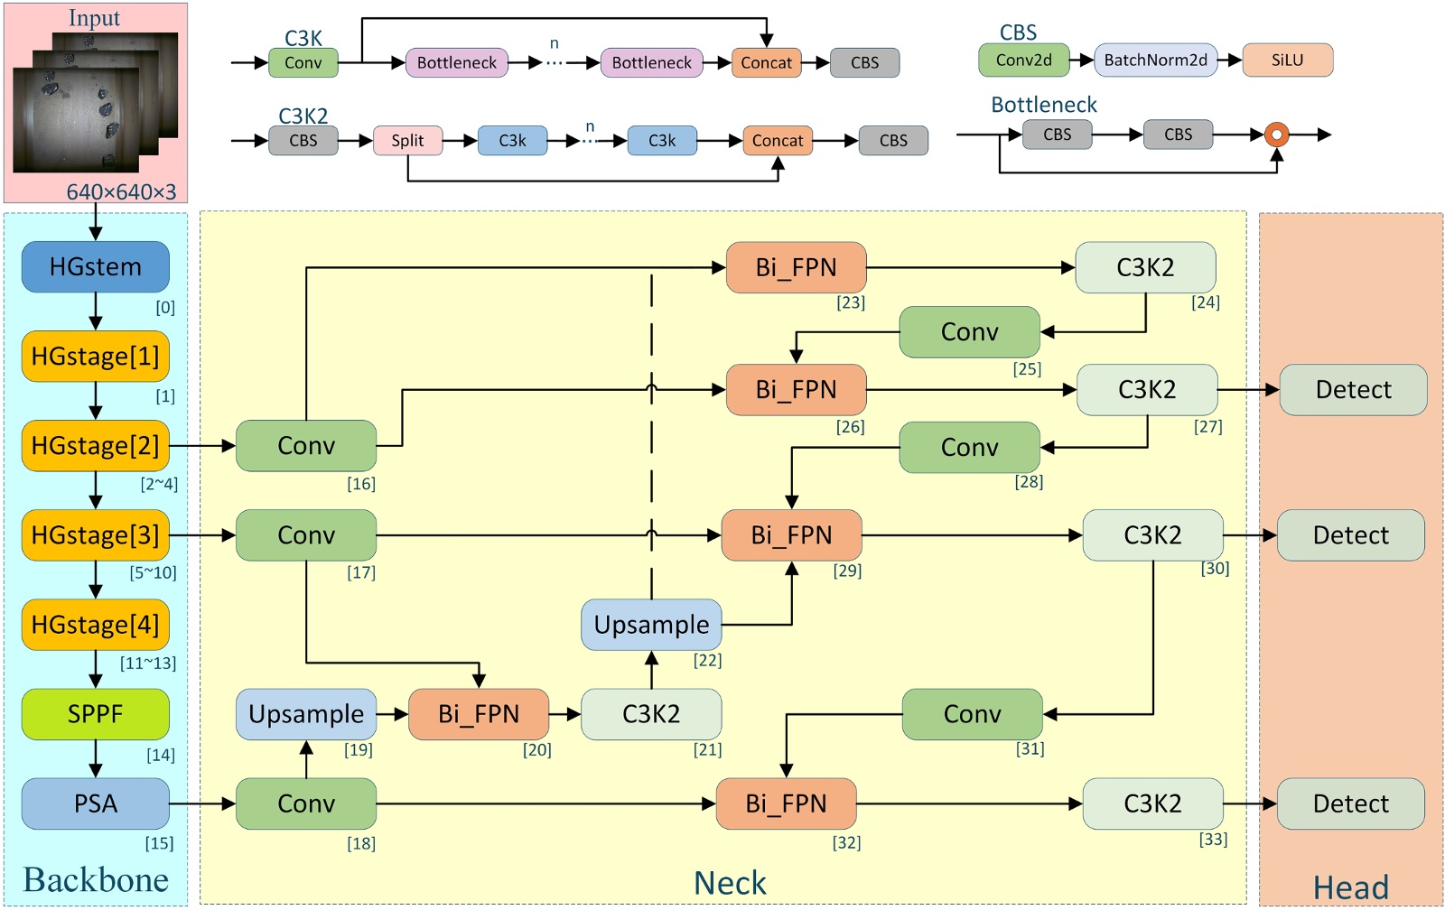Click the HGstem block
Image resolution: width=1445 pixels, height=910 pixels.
point(96,267)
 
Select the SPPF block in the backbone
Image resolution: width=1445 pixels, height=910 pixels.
point(96,714)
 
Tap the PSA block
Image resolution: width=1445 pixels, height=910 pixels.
point(96,803)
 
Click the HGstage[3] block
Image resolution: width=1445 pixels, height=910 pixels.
point(96,535)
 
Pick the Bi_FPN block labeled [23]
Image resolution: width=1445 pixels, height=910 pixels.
point(796,267)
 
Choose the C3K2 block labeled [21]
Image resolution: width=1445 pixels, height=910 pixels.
point(651,714)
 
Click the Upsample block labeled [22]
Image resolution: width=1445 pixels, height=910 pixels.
point(651,625)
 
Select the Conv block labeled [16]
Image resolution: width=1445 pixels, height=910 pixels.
point(306,446)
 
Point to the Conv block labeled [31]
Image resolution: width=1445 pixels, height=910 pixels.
point(972,714)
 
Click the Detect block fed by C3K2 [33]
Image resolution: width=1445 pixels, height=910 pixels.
point(1350,803)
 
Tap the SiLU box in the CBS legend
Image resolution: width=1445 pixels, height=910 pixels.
point(1287,60)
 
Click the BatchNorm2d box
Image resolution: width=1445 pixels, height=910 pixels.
point(1155,60)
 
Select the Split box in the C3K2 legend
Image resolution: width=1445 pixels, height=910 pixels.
point(407,141)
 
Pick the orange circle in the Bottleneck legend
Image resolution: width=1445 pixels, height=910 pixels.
point(1276,135)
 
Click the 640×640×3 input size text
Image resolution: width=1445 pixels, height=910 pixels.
point(121,192)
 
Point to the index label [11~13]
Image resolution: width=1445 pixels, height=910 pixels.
point(148,664)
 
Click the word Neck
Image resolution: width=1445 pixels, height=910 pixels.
point(730,883)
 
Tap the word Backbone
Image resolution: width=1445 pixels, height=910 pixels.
point(96,880)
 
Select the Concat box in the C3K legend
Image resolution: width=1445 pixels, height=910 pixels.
point(766,63)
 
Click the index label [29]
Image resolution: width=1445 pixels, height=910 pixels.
point(847,571)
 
